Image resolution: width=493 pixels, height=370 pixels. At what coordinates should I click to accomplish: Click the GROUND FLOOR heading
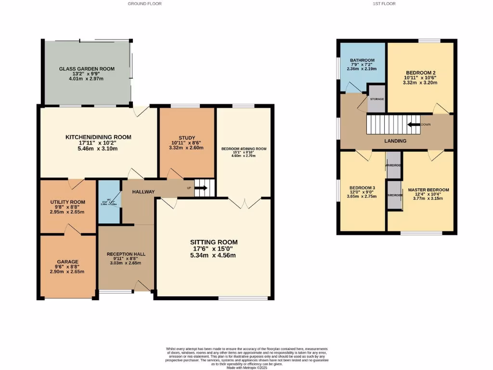click(144, 3)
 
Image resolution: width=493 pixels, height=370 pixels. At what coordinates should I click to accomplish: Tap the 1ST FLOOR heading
click(384, 3)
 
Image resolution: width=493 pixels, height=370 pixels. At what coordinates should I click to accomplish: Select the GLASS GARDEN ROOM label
click(87, 69)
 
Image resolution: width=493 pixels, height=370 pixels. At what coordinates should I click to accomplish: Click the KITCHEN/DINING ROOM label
click(98, 137)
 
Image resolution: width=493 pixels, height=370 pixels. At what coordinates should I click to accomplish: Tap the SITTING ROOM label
click(214, 242)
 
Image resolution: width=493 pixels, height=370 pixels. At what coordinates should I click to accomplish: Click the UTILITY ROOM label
click(68, 202)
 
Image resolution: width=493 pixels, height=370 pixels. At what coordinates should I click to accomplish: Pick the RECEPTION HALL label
click(126, 254)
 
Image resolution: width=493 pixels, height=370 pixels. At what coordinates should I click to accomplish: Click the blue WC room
click(109, 202)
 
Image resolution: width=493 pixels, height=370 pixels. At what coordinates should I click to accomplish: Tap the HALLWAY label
click(143, 192)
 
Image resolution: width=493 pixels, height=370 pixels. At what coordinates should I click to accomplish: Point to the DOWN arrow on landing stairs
click(413, 124)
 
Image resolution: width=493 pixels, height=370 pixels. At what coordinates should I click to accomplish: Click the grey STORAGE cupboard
click(376, 99)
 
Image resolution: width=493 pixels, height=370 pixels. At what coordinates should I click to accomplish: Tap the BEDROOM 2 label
click(420, 72)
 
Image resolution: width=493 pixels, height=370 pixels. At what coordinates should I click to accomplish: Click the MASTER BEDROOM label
click(428, 190)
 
